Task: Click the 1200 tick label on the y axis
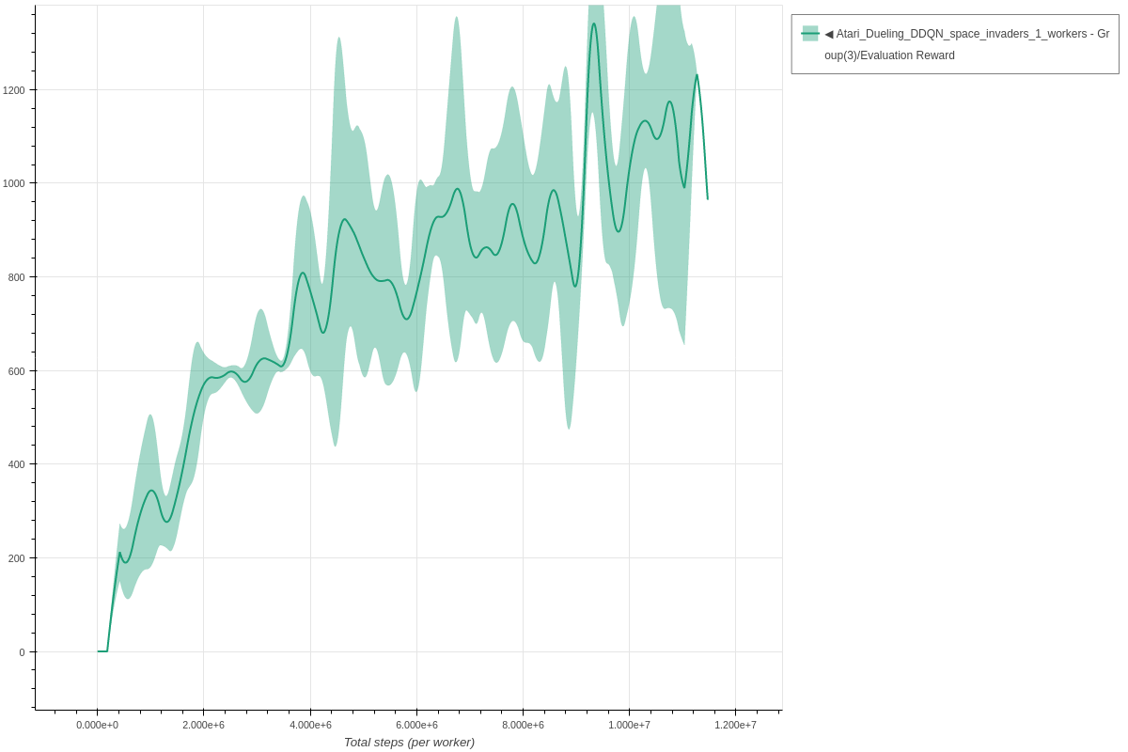click(x=14, y=90)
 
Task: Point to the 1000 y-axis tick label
click(x=14, y=183)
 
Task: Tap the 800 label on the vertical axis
click(x=17, y=277)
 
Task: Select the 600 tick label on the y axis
click(x=17, y=370)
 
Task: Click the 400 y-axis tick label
click(x=17, y=464)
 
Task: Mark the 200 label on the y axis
click(x=17, y=558)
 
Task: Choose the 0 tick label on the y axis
click(x=22, y=651)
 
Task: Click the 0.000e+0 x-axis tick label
click(x=97, y=725)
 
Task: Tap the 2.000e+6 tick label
click(x=203, y=725)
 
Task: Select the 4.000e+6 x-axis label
click(x=310, y=725)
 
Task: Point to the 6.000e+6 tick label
click(x=416, y=725)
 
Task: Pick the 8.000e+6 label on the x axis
click(x=523, y=725)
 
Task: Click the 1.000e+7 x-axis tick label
click(x=629, y=725)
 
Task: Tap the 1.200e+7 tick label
click(x=735, y=725)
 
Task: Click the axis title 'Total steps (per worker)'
click(x=409, y=743)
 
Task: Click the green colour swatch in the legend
click(x=809, y=34)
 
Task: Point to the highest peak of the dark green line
click(x=593, y=23)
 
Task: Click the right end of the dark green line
click(x=708, y=198)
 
